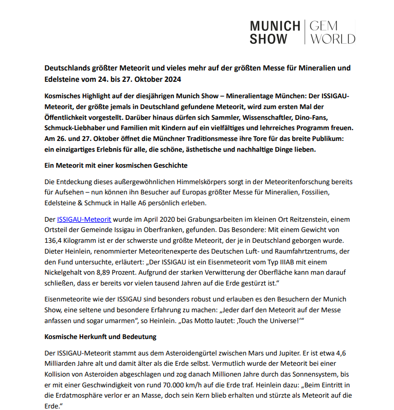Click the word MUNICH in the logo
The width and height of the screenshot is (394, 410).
click(x=275, y=26)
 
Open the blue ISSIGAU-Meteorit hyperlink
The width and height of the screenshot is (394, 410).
click(x=84, y=219)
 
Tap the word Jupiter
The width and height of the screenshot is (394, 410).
click(x=284, y=352)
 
